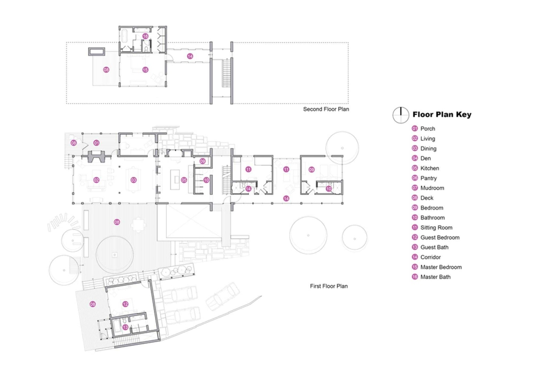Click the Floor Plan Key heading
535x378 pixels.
(442, 114)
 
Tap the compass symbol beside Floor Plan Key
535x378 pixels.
(401, 115)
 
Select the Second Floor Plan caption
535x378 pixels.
(326, 109)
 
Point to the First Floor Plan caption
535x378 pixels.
(328, 286)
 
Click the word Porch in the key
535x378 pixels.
(427, 129)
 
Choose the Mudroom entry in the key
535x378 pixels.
(432, 188)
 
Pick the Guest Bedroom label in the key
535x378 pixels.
(439, 237)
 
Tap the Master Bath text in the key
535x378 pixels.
(435, 277)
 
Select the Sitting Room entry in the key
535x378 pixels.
(436, 228)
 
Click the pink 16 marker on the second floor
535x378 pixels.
(145, 36)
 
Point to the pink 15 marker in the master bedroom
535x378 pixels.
(145, 70)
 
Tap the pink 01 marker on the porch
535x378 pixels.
(96, 143)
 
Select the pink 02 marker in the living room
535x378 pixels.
(96, 180)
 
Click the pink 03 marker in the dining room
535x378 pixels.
(133, 180)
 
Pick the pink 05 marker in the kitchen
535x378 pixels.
(184, 180)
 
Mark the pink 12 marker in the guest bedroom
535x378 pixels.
(125, 304)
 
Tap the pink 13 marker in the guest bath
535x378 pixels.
(125, 327)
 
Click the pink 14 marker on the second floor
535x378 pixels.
(190, 56)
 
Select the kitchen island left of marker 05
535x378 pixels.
(175, 180)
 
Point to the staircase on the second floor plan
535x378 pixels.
(226, 73)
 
